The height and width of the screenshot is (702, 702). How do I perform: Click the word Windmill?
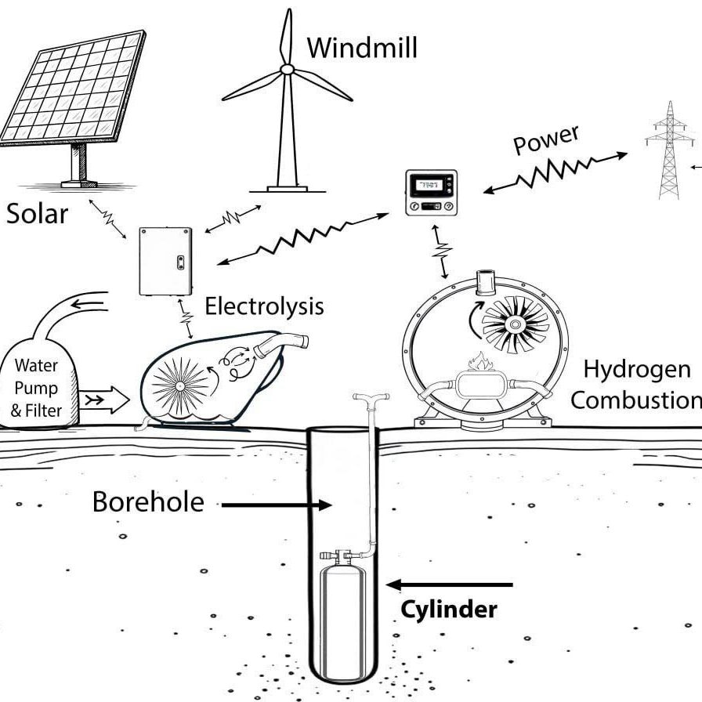pos(362,48)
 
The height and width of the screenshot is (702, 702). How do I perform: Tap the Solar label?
pos(37,212)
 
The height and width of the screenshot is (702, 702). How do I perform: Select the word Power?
pos(546,140)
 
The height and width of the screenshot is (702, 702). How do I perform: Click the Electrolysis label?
pos(264,306)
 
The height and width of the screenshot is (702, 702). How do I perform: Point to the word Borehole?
pos(148,501)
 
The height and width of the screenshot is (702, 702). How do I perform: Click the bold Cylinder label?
pos(449,610)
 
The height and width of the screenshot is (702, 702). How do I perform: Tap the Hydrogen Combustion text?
pos(635,384)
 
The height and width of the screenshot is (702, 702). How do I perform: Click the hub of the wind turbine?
pos(287,70)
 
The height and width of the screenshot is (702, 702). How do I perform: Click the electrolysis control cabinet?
pos(165,261)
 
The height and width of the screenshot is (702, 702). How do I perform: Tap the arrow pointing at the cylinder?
pos(451,584)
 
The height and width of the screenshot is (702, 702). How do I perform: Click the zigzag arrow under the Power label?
pos(556,172)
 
